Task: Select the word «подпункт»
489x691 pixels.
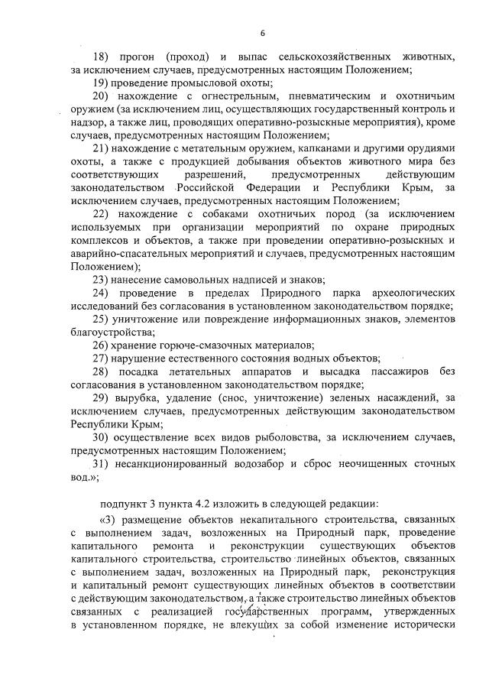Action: (x=125, y=502)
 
